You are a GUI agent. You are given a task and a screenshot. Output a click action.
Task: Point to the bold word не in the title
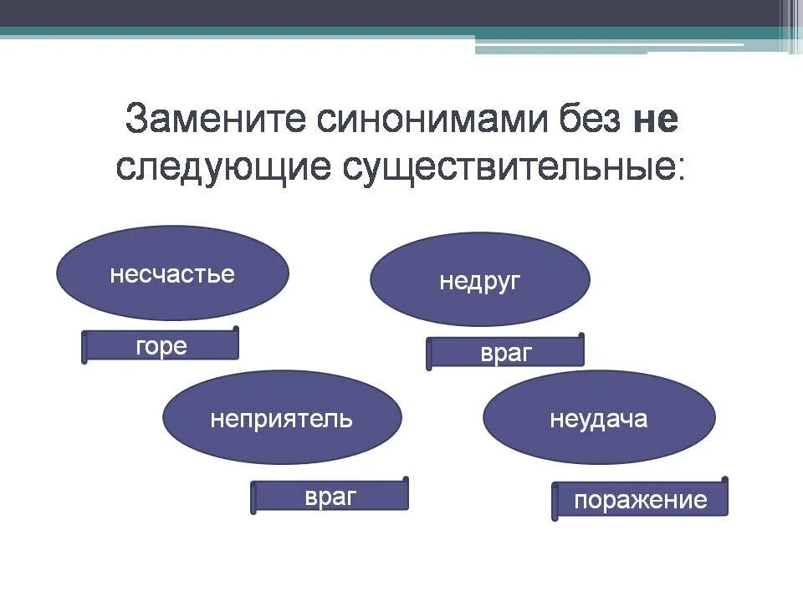[x=655, y=121]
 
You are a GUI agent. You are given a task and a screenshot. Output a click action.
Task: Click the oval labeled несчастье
[x=172, y=273]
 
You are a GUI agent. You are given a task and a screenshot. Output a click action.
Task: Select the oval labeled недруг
[x=479, y=280]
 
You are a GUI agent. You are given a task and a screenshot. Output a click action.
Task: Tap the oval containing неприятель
[x=282, y=418]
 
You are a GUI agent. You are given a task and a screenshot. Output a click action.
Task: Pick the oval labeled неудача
[x=599, y=418]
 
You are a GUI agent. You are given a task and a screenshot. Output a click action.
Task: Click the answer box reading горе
[x=161, y=346]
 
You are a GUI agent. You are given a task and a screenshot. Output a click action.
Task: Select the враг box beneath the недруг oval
[x=506, y=352]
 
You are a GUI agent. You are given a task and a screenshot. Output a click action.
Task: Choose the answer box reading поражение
[x=641, y=500]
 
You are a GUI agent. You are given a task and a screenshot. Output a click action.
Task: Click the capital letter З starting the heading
[x=138, y=121]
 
